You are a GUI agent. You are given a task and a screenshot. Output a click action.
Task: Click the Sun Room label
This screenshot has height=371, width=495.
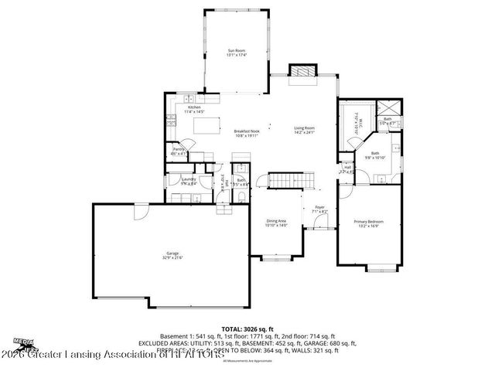click(x=236, y=52)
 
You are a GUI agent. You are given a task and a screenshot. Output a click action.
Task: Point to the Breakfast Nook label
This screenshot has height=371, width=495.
click(x=247, y=132)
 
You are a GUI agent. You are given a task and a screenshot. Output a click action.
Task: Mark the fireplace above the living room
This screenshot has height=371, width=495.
click(x=300, y=70)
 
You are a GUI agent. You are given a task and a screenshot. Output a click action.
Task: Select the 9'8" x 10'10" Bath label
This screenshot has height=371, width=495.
click(x=375, y=155)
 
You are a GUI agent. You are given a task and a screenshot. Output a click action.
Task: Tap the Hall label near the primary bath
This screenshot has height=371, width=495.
click(x=347, y=168)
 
